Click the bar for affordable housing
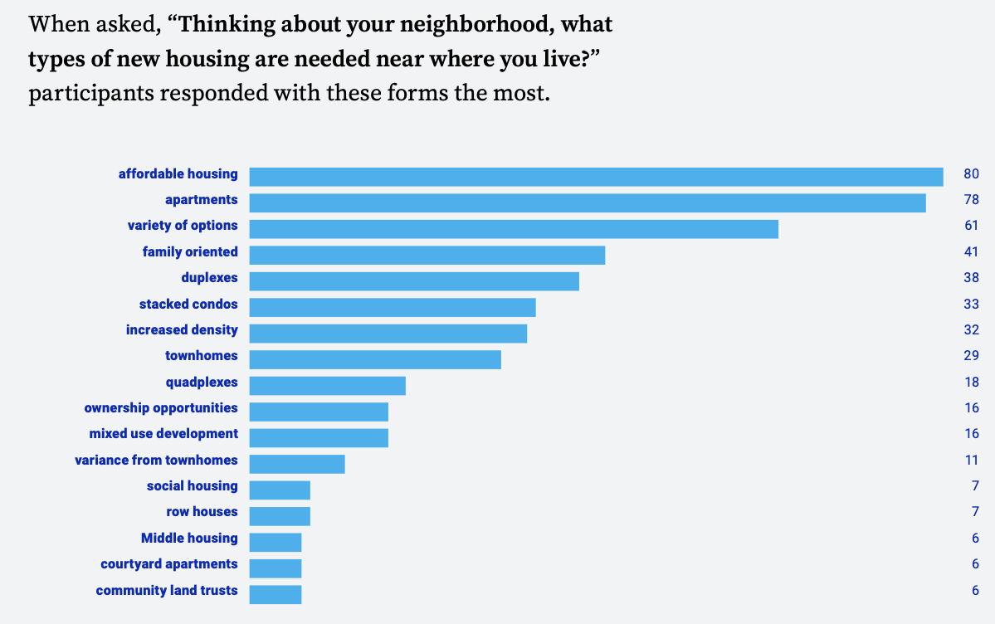(596, 177)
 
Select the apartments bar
(588, 202)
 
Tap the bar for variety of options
(514, 228)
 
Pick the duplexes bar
(414, 280)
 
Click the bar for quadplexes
(327, 385)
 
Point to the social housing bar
(280, 490)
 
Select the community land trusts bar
(276, 594)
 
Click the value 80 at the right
(971, 173)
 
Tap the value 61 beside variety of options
(971, 226)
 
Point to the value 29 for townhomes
(971, 356)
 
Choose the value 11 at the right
(971, 460)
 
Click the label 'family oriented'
(190, 251)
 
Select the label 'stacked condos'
(188, 304)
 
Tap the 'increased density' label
(182, 329)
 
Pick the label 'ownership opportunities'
(161, 407)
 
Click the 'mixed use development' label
(163, 433)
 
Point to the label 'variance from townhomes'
(156, 460)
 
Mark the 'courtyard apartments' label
(169, 563)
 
